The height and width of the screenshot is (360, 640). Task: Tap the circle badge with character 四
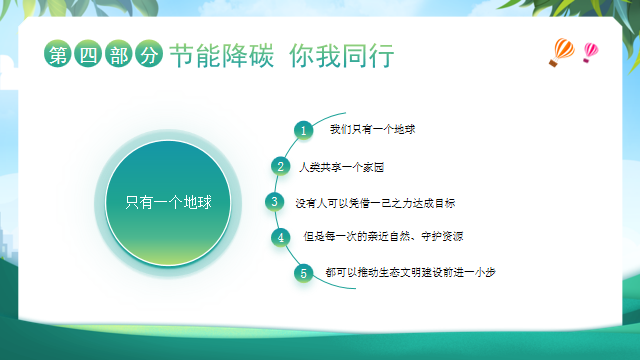tap(86, 56)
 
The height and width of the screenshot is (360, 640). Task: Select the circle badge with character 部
tap(116, 56)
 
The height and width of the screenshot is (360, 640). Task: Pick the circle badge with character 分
tap(147, 56)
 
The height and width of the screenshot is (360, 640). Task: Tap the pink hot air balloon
tap(590, 50)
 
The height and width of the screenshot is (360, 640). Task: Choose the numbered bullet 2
tap(281, 166)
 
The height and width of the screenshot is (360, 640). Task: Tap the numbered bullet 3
tap(274, 202)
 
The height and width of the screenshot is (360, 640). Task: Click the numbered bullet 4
tap(281, 237)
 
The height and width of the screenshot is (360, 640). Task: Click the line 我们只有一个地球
tap(372, 130)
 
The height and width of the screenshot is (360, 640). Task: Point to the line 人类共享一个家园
tap(342, 166)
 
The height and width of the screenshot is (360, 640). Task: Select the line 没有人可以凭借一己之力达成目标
tap(376, 202)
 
